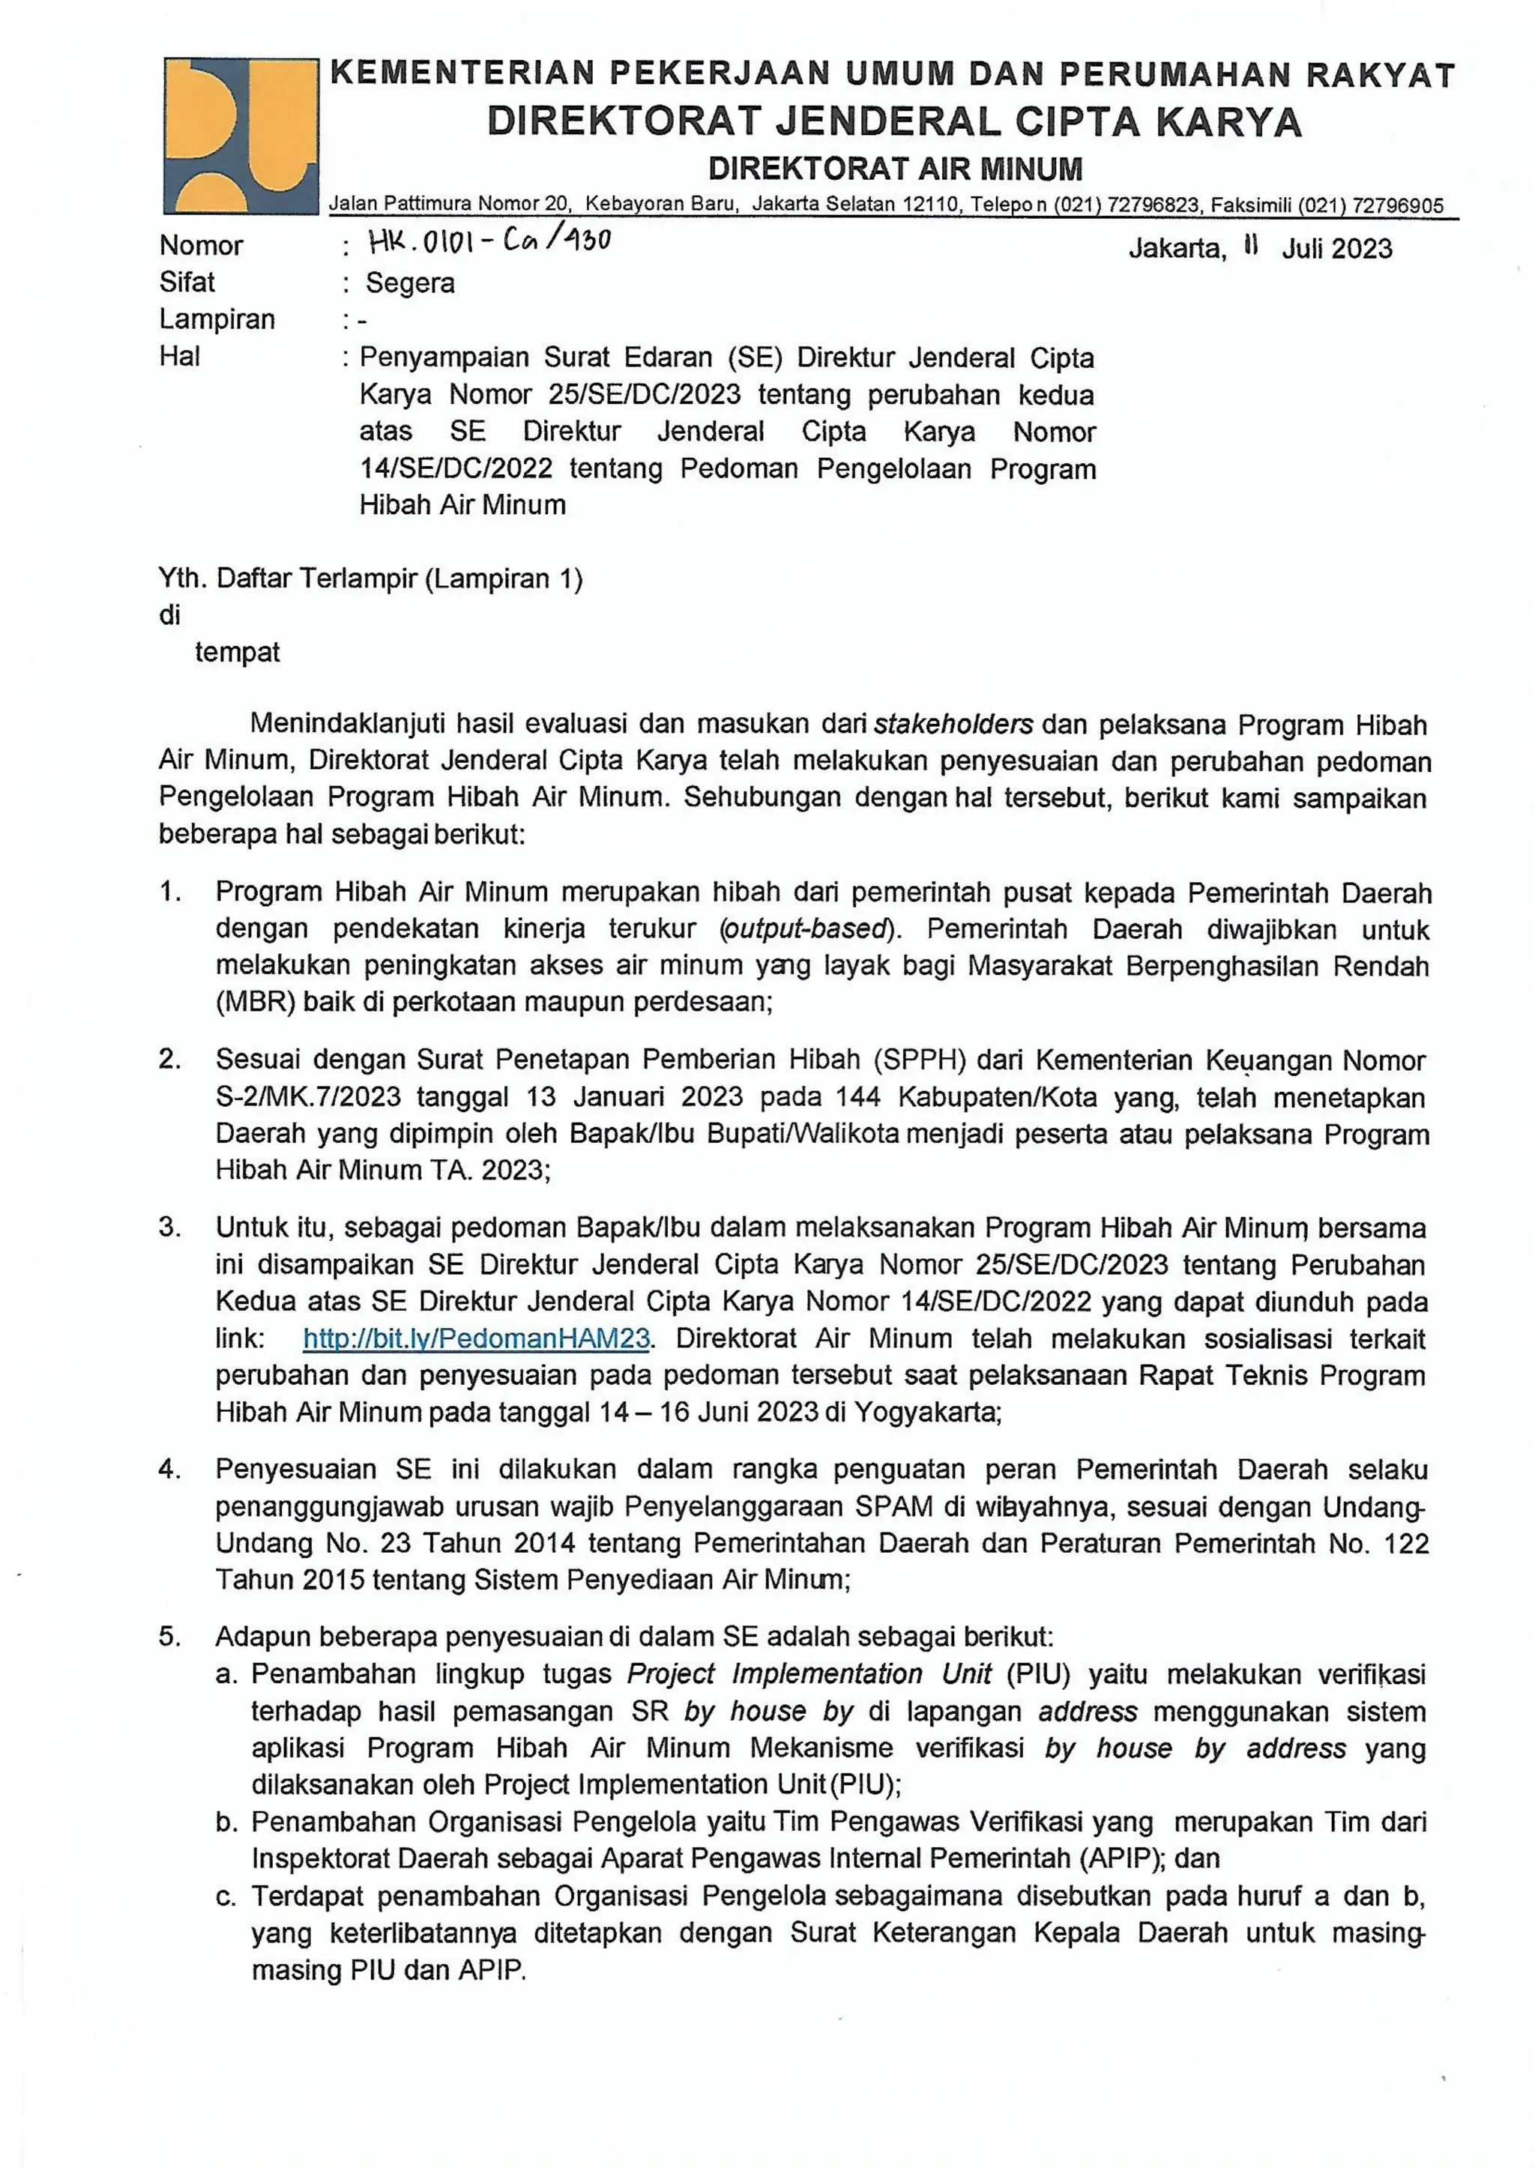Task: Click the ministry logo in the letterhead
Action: [x=241, y=135]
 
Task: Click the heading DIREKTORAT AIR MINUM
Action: [x=895, y=169]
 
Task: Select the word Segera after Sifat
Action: [x=410, y=283]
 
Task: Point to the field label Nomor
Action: [x=200, y=246]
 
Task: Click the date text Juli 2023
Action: [x=1336, y=249]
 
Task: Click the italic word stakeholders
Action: [x=953, y=725]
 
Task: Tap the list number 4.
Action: [x=169, y=1470]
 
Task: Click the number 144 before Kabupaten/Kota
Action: [x=857, y=1097]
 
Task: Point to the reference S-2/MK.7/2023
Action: [x=308, y=1097]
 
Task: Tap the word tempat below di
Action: [x=238, y=653]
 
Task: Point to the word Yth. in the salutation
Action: [x=182, y=579]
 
